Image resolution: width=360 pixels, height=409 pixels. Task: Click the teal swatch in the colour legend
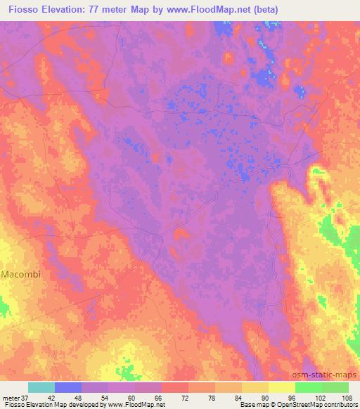point(41,387)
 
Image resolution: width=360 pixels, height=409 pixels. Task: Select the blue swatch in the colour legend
point(68,387)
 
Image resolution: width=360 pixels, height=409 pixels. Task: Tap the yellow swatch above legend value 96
point(282,387)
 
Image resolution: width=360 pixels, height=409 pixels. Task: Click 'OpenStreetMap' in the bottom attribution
point(298,405)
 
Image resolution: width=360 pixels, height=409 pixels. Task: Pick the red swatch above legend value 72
point(175,387)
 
